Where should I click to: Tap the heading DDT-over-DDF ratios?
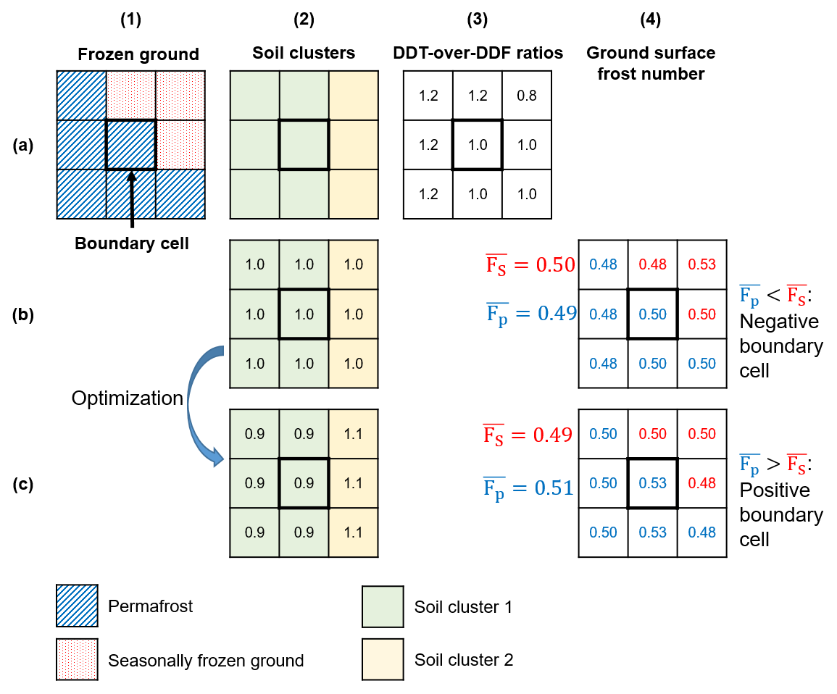click(x=478, y=53)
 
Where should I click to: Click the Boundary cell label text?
click(x=131, y=243)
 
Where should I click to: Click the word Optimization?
click(x=128, y=398)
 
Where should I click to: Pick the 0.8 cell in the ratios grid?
click(x=528, y=95)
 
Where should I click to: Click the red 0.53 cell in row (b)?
click(x=702, y=264)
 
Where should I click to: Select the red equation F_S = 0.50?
click(x=530, y=264)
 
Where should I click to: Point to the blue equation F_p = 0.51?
click(x=528, y=488)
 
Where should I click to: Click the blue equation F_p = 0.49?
click(x=530, y=312)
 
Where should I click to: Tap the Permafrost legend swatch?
click(x=77, y=606)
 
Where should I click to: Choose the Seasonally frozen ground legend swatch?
click(x=77, y=660)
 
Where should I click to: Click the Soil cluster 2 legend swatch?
click(x=383, y=660)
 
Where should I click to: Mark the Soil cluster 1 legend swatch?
click(x=383, y=606)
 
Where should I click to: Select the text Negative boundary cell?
click(x=780, y=346)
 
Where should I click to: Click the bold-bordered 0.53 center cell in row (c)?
click(x=653, y=483)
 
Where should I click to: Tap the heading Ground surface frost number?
click(x=650, y=63)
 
